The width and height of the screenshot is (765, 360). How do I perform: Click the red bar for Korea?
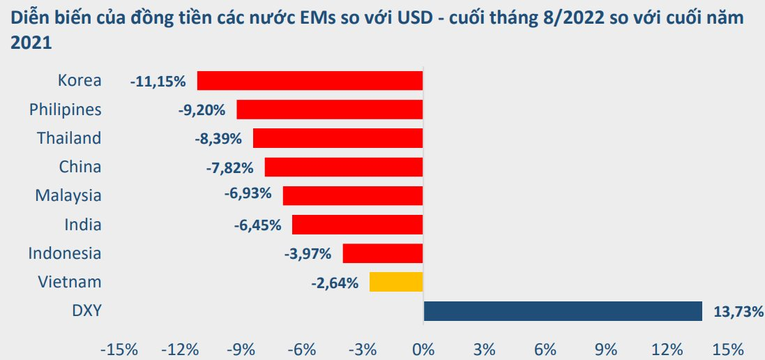(310, 81)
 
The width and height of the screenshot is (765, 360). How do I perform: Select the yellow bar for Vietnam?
(396, 282)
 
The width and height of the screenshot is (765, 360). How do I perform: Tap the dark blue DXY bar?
(562, 311)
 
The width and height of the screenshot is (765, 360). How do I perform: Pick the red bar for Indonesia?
(383, 253)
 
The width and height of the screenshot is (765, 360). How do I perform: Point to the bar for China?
(344, 167)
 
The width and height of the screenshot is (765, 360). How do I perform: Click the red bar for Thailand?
(338, 138)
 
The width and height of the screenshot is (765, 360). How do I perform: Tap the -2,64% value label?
(335, 283)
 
